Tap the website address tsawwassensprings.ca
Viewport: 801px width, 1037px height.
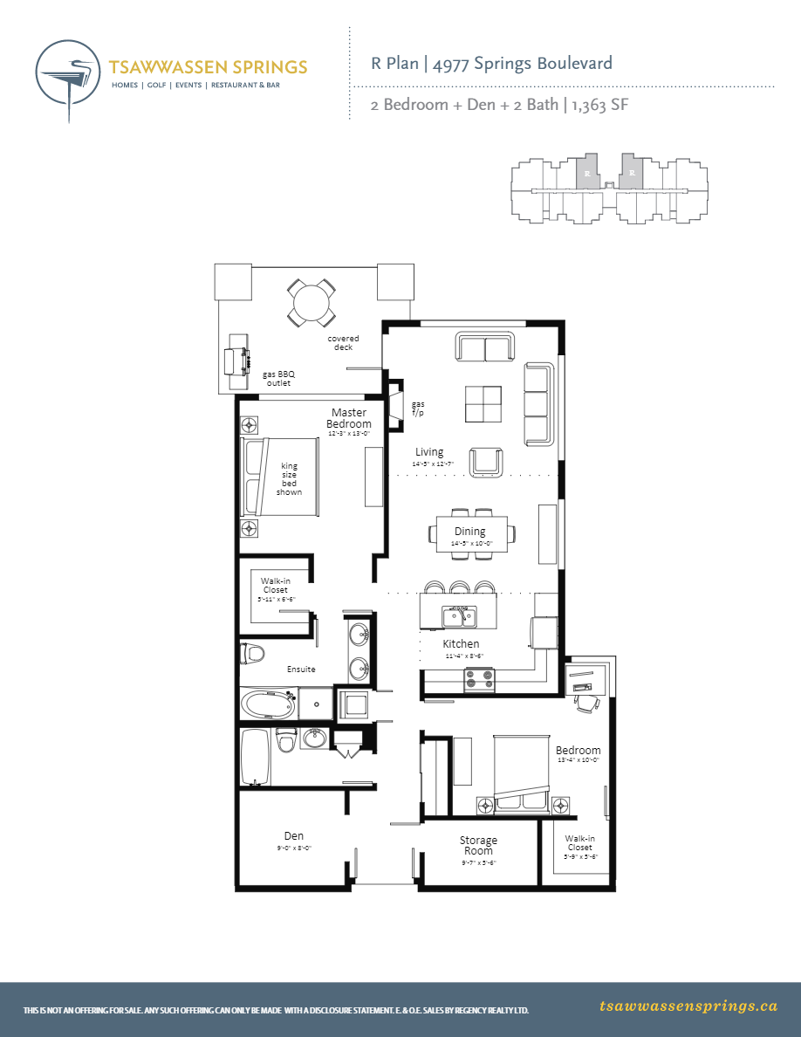[688, 1006]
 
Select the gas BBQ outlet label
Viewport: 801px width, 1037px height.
[278, 378]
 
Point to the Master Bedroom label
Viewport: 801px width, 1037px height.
[348, 418]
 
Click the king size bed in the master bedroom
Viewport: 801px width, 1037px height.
[281, 478]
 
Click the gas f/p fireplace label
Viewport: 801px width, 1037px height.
[418, 408]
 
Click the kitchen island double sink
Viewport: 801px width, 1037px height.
[459, 617]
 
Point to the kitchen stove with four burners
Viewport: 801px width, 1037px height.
[480, 678]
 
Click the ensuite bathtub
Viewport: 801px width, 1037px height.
[269, 702]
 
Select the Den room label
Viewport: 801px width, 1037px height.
[294, 836]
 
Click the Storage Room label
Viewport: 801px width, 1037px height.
[478, 845]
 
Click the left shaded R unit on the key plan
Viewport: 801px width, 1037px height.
[587, 172]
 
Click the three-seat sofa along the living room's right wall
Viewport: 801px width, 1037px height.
[538, 403]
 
